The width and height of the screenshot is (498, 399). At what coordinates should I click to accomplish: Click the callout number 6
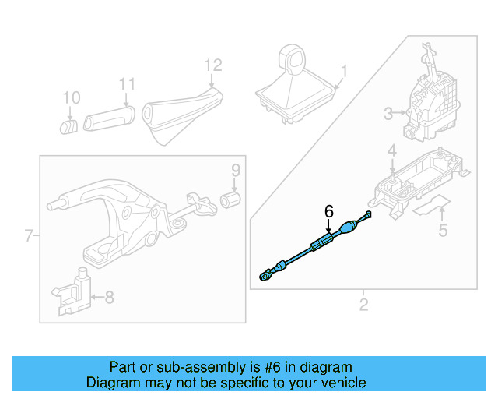pos(328,211)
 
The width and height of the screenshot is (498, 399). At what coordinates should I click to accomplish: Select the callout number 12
pos(213,65)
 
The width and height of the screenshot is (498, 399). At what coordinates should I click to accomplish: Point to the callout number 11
pos(127,84)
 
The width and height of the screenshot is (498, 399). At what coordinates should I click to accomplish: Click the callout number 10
pos(71,97)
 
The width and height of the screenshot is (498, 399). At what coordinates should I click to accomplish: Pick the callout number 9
pos(235,170)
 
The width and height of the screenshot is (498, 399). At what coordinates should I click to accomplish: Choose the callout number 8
pos(109,296)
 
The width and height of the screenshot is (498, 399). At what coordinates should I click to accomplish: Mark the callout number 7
pos(29,235)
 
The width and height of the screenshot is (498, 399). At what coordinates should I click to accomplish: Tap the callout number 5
pos(443,230)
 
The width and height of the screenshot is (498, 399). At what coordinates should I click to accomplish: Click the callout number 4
pos(392,150)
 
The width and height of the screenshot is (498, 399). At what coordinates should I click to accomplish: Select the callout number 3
pos(389,115)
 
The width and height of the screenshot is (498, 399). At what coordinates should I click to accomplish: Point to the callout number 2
pos(363,304)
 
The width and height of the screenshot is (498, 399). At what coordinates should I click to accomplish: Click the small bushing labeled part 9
pos(231,199)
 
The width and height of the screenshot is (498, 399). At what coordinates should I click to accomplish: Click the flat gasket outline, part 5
pos(430,207)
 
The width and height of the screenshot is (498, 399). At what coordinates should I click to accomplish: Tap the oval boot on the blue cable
pos(346,228)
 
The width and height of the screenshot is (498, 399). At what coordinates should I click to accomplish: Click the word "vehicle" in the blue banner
pos(338,383)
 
